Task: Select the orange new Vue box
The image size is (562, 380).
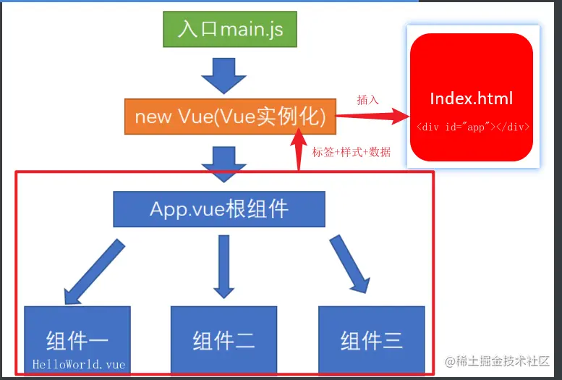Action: [231, 116]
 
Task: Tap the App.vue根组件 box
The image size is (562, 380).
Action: [219, 209]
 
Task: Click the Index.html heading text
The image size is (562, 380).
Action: [471, 98]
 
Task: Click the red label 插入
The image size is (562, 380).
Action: [368, 100]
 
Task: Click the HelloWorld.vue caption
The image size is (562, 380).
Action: [78, 364]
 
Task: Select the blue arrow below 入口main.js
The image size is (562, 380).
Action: [223, 75]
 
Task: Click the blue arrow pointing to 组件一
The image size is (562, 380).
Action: [94, 272]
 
